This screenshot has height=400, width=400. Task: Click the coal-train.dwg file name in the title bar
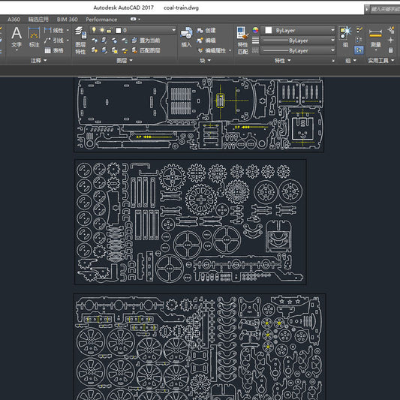(x=183, y=6)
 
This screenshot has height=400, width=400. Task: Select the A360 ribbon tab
(x=14, y=20)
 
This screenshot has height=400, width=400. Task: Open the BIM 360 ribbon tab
(x=68, y=20)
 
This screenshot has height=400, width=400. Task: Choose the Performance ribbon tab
(x=101, y=20)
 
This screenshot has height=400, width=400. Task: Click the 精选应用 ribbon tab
(x=38, y=20)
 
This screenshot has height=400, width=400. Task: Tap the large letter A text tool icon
(x=17, y=34)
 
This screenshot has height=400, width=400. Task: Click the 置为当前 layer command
(x=149, y=40)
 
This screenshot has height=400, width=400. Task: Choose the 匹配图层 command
(x=147, y=50)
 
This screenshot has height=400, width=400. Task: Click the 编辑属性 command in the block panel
(x=215, y=50)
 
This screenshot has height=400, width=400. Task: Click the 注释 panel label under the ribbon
(x=36, y=61)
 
